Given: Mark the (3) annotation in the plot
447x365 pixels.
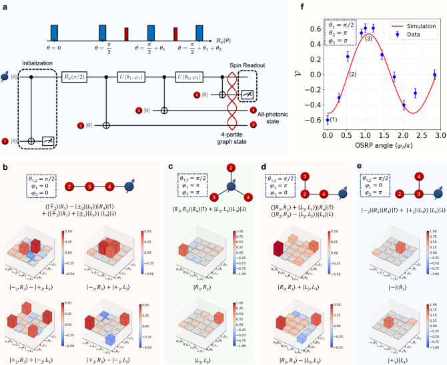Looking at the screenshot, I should pos(368,39).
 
